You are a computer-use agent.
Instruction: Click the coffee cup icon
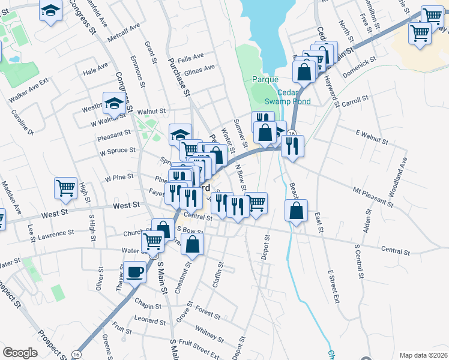[x=134, y=272]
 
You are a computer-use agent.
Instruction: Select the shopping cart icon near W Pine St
[x=65, y=187]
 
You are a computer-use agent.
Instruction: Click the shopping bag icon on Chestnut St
[x=192, y=244]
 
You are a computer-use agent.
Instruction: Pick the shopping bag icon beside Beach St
[x=297, y=211]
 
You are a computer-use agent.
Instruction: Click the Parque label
[x=265, y=79]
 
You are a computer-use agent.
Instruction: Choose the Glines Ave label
[x=200, y=69]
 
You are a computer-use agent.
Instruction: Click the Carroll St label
[x=354, y=103]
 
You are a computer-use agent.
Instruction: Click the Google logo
[x=20, y=353]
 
